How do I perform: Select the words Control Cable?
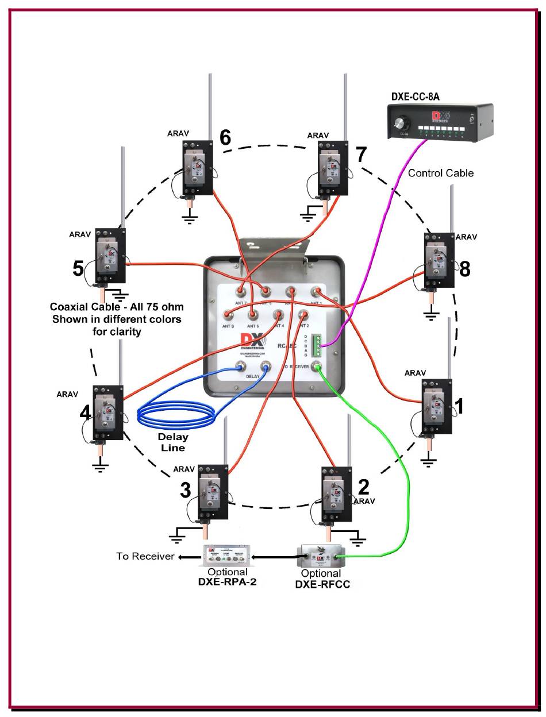point(440,172)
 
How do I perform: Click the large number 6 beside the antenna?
point(225,137)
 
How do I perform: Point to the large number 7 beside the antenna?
point(361,155)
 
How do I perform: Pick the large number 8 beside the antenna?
point(464,268)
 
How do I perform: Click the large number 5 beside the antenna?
point(79,268)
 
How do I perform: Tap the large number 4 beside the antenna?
point(85,413)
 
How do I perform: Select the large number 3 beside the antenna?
point(185,490)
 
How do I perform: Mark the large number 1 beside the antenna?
point(459,406)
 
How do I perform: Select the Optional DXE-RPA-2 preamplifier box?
point(228,556)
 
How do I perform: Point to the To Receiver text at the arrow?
point(145,556)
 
